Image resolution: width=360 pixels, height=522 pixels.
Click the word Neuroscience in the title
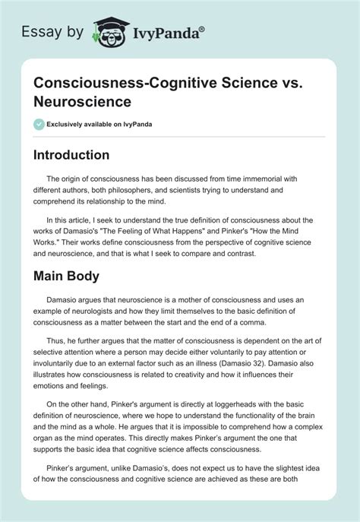81,100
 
